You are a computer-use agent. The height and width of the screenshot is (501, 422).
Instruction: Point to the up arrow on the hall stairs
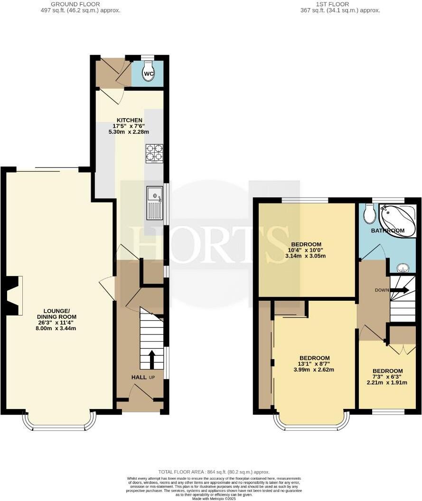tap(152, 360)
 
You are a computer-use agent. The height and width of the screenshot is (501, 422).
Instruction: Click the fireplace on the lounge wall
tap(13, 295)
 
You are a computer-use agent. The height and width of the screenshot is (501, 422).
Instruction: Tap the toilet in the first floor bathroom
tap(369, 214)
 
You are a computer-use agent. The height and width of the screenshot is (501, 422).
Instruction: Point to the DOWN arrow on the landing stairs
tap(399, 289)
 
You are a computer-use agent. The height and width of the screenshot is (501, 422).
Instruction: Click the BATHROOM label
tap(387, 231)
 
